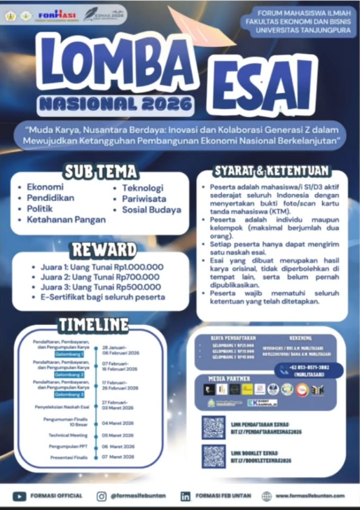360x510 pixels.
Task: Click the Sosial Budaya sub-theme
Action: pos(151,209)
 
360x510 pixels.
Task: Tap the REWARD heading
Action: pos(103,250)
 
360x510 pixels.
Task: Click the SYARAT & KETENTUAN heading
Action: pos(272,171)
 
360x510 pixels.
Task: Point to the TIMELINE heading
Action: pos(93,324)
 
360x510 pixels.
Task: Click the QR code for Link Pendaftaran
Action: pos(213,427)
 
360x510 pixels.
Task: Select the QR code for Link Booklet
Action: pos(213,456)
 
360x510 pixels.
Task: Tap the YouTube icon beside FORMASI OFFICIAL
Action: pos(20,496)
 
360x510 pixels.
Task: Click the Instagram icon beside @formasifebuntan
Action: pos(101,496)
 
